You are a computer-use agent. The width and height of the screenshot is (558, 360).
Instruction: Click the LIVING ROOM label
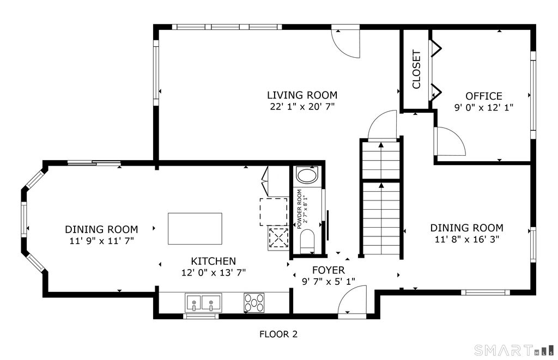coord(302,95)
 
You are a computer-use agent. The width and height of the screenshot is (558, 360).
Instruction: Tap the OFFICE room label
coord(484,96)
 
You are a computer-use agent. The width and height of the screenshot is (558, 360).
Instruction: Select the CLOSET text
coord(416,69)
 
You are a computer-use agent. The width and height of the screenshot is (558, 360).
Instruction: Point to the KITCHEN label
coord(214,261)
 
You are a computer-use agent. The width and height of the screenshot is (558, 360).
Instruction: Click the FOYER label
coord(328,270)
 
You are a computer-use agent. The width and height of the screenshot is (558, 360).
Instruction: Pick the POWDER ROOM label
coord(299,209)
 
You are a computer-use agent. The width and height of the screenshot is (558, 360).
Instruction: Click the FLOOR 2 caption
coord(278,334)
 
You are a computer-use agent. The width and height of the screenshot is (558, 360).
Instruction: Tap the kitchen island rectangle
coord(195,229)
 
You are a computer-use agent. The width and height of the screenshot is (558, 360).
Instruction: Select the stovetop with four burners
coord(254,303)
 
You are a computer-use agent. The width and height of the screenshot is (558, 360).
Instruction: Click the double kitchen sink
coord(203,303)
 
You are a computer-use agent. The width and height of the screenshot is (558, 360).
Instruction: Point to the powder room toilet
coord(307,241)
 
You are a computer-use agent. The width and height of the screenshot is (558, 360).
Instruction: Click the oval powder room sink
coord(307,176)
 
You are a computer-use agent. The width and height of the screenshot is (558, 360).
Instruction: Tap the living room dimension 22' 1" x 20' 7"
coord(302,106)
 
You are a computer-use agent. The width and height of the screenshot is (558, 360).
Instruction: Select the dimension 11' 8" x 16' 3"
coord(467,239)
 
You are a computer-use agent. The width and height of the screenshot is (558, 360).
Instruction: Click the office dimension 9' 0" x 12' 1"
coord(484,107)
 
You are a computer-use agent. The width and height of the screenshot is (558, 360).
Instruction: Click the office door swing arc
coord(450,141)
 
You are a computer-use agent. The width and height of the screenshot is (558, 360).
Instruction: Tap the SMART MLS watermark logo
coord(514,350)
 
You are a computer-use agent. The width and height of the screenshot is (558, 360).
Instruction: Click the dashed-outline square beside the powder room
coord(274,212)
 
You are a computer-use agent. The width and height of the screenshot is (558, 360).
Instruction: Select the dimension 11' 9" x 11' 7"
coord(102,241)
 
